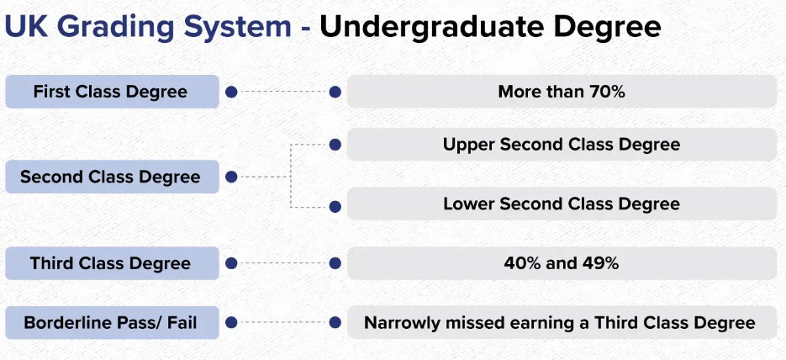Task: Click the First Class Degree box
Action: (x=113, y=92)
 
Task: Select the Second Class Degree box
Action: (x=113, y=177)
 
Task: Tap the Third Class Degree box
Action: (x=113, y=263)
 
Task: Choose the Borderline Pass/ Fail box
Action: (x=113, y=322)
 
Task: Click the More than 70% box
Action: (x=562, y=92)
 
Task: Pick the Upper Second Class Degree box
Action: (x=562, y=145)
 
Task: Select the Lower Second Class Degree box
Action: (x=562, y=204)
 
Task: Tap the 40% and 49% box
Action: (x=562, y=263)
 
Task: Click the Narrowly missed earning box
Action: (x=562, y=322)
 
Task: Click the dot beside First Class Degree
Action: (x=231, y=93)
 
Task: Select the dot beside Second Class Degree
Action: (x=231, y=177)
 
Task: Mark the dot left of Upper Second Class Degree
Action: (x=335, y=145)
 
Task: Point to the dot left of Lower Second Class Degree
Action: (x=335, y=207)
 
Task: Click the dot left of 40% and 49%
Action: (x=335, y=263)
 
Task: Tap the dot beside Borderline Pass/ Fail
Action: (x=231, y=322)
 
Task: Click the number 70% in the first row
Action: (x=607, y=92)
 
